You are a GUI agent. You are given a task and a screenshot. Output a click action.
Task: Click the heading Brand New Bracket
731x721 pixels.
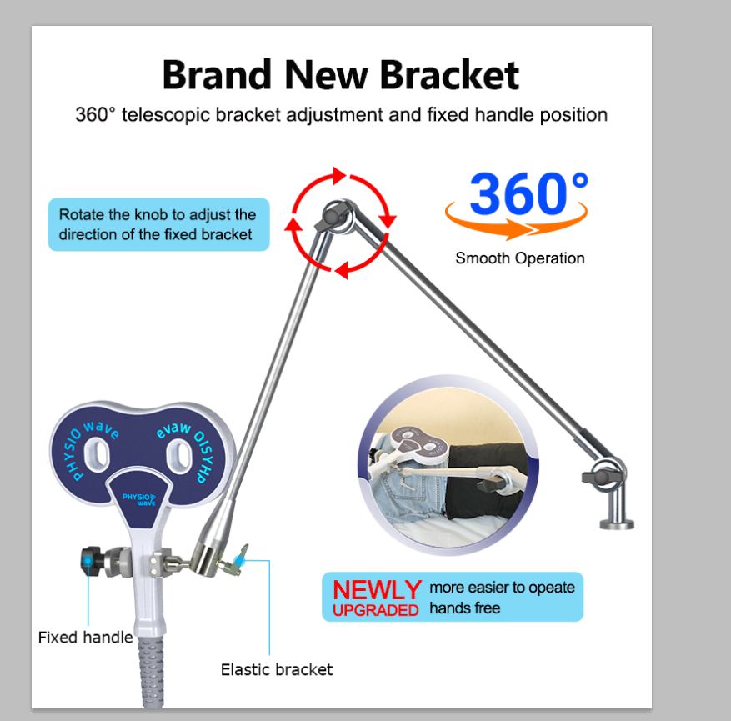[340, 74]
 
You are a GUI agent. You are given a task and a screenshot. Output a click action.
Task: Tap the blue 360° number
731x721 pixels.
[528, 193]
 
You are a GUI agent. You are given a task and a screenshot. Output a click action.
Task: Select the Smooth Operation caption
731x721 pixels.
[520, 258]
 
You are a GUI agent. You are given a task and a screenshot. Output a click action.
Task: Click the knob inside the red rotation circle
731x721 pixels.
[333, 217]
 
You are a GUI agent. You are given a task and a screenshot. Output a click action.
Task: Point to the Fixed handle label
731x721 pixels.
[85, 638]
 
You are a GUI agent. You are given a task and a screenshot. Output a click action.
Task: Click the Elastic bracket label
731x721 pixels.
[277, 669]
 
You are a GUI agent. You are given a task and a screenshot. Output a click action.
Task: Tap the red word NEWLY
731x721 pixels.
[377, 589]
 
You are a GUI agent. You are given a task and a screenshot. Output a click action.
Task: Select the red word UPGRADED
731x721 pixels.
[375, 610]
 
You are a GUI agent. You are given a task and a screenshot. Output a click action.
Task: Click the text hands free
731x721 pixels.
[465, 608]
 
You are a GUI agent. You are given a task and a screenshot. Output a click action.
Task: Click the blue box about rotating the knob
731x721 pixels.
[159, 225]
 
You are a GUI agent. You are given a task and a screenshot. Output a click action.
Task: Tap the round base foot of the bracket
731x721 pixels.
[616, 523]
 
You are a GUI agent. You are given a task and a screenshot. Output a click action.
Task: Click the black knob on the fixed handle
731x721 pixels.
[90, 562]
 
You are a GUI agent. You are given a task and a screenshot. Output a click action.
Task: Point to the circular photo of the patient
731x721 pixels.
[448, 465]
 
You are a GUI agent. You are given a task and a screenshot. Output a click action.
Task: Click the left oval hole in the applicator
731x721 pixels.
[97, 454]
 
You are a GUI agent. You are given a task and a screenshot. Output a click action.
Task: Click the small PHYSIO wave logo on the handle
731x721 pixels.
[139, 499]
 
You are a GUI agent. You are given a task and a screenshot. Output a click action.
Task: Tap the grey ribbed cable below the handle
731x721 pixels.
[151, 671]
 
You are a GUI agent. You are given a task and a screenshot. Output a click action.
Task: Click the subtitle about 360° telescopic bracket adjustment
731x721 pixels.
[341, 115]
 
